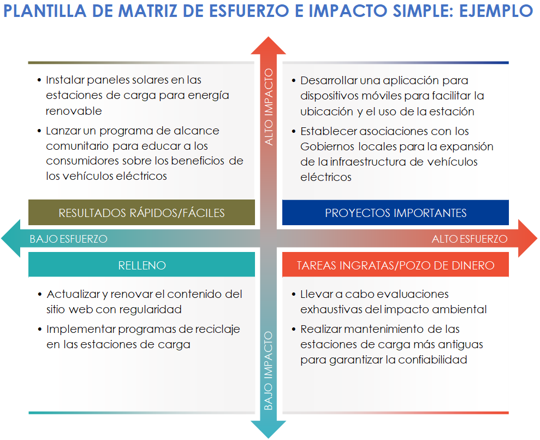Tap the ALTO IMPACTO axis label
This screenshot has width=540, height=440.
pyautogui.click(x=269, y=107)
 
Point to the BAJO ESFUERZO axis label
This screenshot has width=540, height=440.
pyautogui.click(x=68, y=239)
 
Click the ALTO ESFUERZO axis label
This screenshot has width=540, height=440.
pyautogui.click(x=470, y=239)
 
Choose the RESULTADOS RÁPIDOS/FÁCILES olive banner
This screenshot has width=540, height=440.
pyautogui.click(x=141, y=213)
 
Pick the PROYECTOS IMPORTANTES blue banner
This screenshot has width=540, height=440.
pyautogui.click(x=395, y=213)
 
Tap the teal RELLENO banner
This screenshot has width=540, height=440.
pyautogui.click(x=141, y=266)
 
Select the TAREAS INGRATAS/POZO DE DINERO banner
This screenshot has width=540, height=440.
pyautogui.click(x=395, y=266)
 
